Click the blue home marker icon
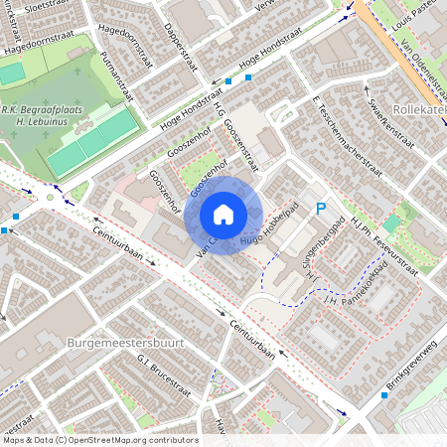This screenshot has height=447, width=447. tap(223, 214)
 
